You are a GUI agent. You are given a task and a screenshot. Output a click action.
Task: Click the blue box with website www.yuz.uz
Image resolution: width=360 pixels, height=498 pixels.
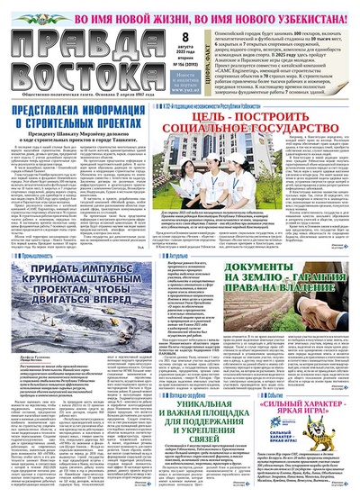click(x=205, y=84)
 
